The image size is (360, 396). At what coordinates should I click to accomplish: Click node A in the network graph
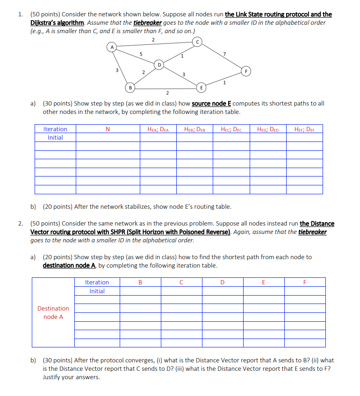coord(112,47)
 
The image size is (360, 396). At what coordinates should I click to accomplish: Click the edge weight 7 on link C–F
coord(225,55)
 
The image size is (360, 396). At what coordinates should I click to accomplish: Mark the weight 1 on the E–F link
coord(225,83)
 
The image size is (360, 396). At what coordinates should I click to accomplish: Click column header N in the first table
coord(108,129)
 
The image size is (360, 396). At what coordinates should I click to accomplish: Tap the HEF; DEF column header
coord(304,129)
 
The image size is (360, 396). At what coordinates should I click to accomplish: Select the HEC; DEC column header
coord(231,129)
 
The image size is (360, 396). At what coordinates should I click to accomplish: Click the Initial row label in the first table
coord(55,138)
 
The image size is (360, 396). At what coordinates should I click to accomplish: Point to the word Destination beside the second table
coord(53,308)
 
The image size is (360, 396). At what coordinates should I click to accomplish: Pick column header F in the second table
coord(304,282)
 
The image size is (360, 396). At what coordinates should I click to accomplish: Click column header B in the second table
coord(140,282)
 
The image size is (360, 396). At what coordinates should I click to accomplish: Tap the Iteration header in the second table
coord(97,282)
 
